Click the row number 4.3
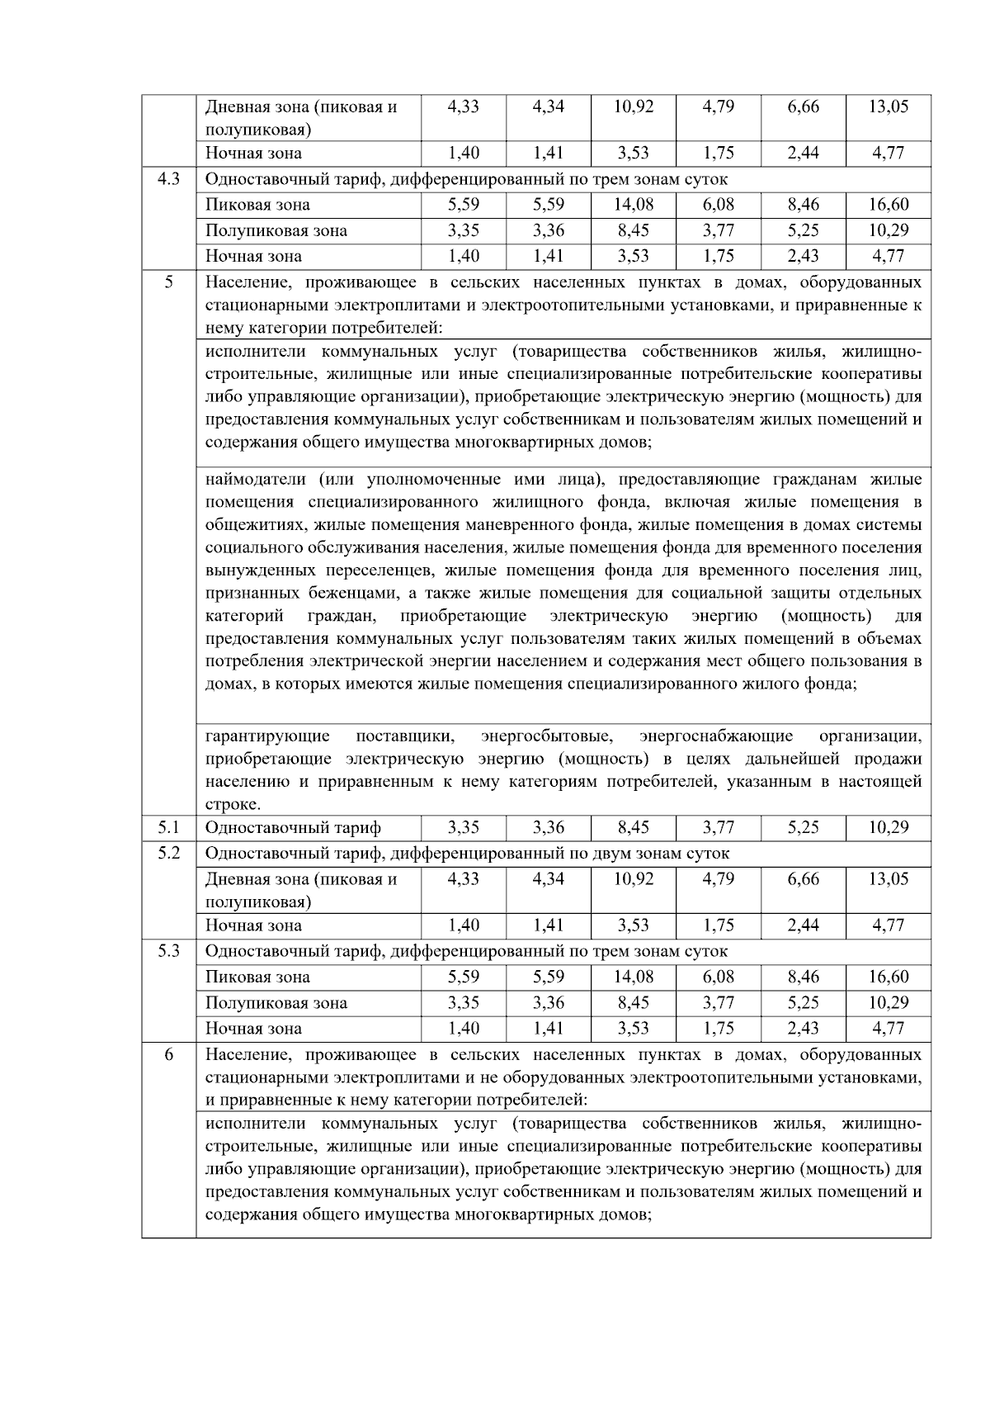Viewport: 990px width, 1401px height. pyautogui.click(x=168, y=178)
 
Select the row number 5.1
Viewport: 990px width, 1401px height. pyautogui.click(x=168, y=827)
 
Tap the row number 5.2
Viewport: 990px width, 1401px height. pyautogui.click(x=168, y=853)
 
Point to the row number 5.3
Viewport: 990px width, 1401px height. pyautogui.click(x=168, y=950)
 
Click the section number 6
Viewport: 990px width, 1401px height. pyautogui.click(x=168, y=1054)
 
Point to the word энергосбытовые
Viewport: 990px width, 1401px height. pyautogui.click(x=546, y=736)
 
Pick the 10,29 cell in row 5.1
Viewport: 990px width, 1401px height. pyautogui.click(x=888, y=827)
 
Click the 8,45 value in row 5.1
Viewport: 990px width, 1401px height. pyautogui.click(x=633, y=827)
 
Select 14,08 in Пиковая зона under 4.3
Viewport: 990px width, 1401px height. pyautogui.click(x=633, y=204)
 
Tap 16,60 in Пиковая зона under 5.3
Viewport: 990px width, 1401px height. pyautogui.click(x=888, y=977)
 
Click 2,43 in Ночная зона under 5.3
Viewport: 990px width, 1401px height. pyautogui.click(x=803, y=1028)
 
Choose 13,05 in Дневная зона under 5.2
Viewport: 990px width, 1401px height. pyautogui.click(x=888, y=879)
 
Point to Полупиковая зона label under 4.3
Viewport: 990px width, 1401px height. pyautogui.click(x=276, y=230)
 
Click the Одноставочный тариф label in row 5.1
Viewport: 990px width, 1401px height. pyautogui.click(x=293, y=827)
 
